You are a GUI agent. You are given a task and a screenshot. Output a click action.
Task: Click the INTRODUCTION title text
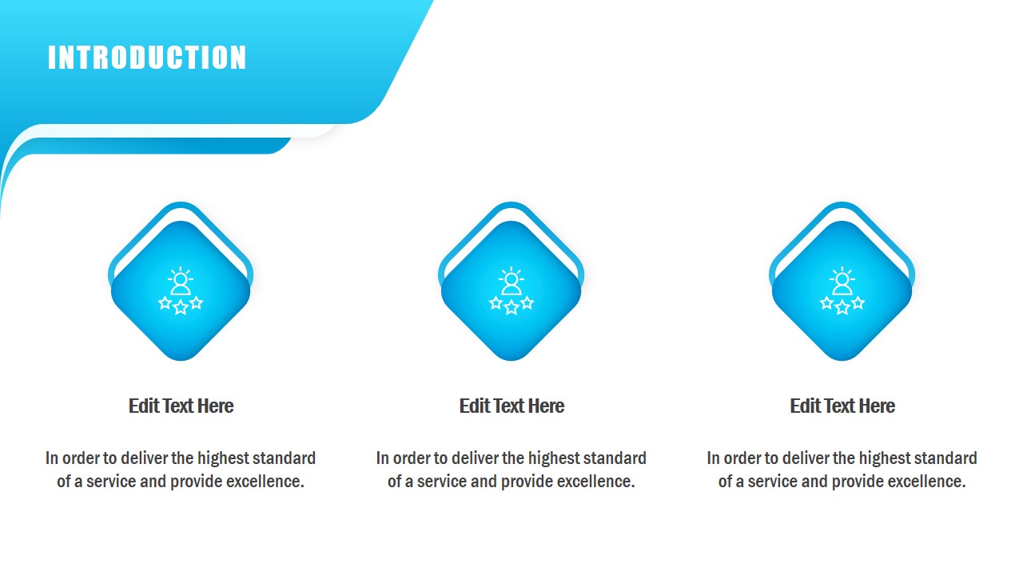(x=147, y=58)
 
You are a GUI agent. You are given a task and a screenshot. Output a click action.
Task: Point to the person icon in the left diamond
(x=181, y=282)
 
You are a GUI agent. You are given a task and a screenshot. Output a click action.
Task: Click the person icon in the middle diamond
(x=511, y=282)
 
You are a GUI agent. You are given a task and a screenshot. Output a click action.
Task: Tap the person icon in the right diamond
(x=842, y=282)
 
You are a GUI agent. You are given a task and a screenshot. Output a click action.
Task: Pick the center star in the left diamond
(x=181, y=307)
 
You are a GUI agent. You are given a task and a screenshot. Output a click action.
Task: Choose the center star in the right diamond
(x=842, y=307)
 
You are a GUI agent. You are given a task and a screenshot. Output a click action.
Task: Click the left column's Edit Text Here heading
(x=181, y=406)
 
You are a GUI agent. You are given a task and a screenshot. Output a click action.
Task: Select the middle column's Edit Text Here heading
(x=511, y=406)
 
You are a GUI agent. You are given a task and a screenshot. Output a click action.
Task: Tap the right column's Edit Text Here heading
(x=842, y=406)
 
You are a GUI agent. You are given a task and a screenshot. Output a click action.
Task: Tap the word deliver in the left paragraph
(x=144, y=458)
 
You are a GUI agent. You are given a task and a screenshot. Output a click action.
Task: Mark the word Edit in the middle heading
(x=473, y=406)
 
